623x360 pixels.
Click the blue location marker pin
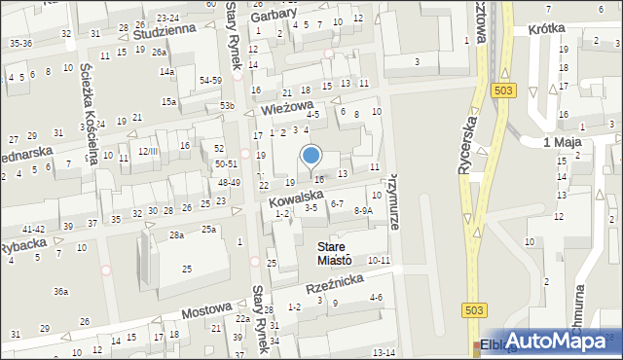[x=311, y=156]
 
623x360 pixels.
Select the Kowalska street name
[x=297, y=198]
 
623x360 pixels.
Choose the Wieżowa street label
[x=286, y=107]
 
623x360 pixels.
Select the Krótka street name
[x=547, y=30]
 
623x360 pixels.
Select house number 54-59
[x=209, y=79]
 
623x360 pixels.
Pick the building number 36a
[x=60, y=291]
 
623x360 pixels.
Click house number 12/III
[x=148, y=151]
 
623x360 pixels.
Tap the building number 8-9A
[x=363, y=210]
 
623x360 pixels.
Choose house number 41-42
[x=33, y=228]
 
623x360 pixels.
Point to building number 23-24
[x=167, y=18]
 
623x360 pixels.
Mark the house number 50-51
[x=227, y=164]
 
